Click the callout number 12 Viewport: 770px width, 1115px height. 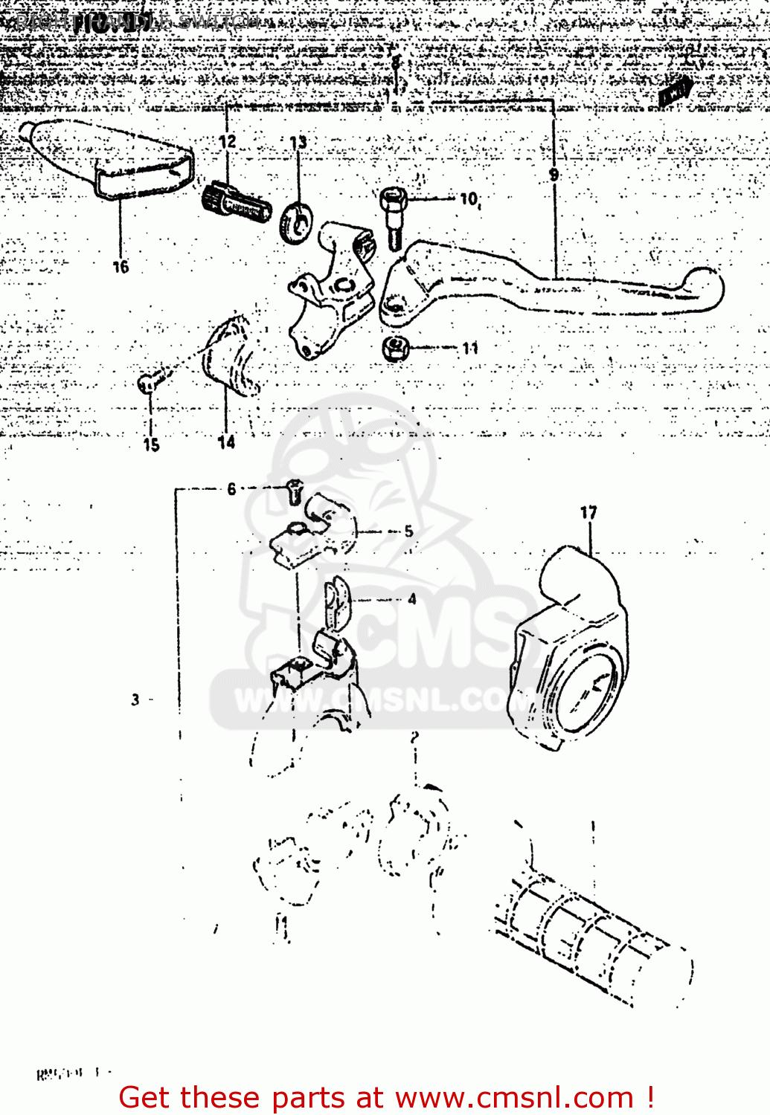(x=228, y=141)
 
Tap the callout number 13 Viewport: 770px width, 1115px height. (x=298, y=143)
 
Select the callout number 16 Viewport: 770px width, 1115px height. (x=121, y=267)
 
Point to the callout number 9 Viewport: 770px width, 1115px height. (x=554, y=175)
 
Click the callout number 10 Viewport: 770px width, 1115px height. (x=469, y=199)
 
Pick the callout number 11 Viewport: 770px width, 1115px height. (x=470, y=348)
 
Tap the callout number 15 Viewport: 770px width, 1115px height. (x=151, y=445)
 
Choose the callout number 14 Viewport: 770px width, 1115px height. (x=226, y=443)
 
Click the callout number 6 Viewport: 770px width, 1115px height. (x=231, y=488)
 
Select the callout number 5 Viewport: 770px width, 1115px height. (x=408, y=531)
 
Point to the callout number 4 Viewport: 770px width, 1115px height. (x=411, y=599)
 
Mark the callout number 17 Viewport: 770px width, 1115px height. (x=588, y=512)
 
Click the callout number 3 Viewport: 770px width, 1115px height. (x=135, y=699)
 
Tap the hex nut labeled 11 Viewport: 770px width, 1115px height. (x=395, y=346)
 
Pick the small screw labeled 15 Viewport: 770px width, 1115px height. (x=147, y=384)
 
